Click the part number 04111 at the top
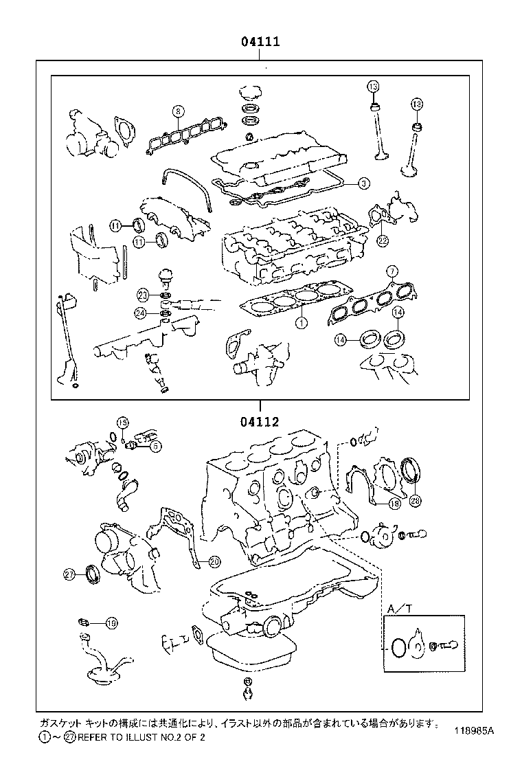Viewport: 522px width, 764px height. pos(259,43)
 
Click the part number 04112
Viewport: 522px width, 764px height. pos(260,422)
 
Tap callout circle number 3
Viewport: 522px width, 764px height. pos(364,183)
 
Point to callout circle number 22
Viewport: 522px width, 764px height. pos(383,240)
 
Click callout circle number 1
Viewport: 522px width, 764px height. pos(300,321)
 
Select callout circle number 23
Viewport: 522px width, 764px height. pos(141,295)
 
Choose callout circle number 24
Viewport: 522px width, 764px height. pos(141,313)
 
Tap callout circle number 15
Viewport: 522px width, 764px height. pos(122,422)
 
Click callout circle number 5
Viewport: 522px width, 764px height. pos(155,446)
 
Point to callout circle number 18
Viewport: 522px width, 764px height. pos(394,504)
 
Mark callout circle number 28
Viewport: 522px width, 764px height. pos(415,502)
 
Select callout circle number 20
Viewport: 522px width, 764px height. pos(214,561)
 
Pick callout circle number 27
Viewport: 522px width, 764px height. pos(69,574)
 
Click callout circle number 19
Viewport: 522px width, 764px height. pos(112,623)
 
